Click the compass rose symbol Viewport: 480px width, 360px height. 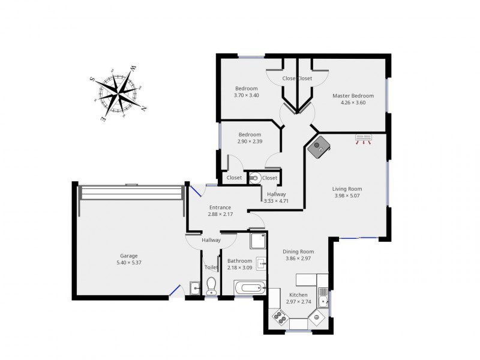point(118,93)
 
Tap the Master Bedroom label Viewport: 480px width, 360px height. point(353,96)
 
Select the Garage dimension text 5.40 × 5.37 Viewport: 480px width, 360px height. point(129,263)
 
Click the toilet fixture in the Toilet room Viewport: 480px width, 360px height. point(211,286)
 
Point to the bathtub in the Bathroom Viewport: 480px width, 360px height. point(250,288)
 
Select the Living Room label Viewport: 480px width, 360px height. point(347,189)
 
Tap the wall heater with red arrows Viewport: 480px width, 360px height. point(364,139)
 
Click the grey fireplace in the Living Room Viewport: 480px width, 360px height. point(319,146)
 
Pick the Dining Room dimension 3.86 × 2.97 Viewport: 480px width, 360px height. point(298,259)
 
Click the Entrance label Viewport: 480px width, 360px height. point(220,207)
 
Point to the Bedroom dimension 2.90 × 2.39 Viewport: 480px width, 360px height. point(250,142)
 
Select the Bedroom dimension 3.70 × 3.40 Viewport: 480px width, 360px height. point(247,95)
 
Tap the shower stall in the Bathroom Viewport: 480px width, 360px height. point(259,241)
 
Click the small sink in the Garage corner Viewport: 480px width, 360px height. point(194,288)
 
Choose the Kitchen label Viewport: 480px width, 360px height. point(298,295)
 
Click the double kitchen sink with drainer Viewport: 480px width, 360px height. point(323,298)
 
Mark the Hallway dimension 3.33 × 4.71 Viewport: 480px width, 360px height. point(276,201)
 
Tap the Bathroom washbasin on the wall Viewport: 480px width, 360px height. point(262,263)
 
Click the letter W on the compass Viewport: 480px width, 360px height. point(133,69)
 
